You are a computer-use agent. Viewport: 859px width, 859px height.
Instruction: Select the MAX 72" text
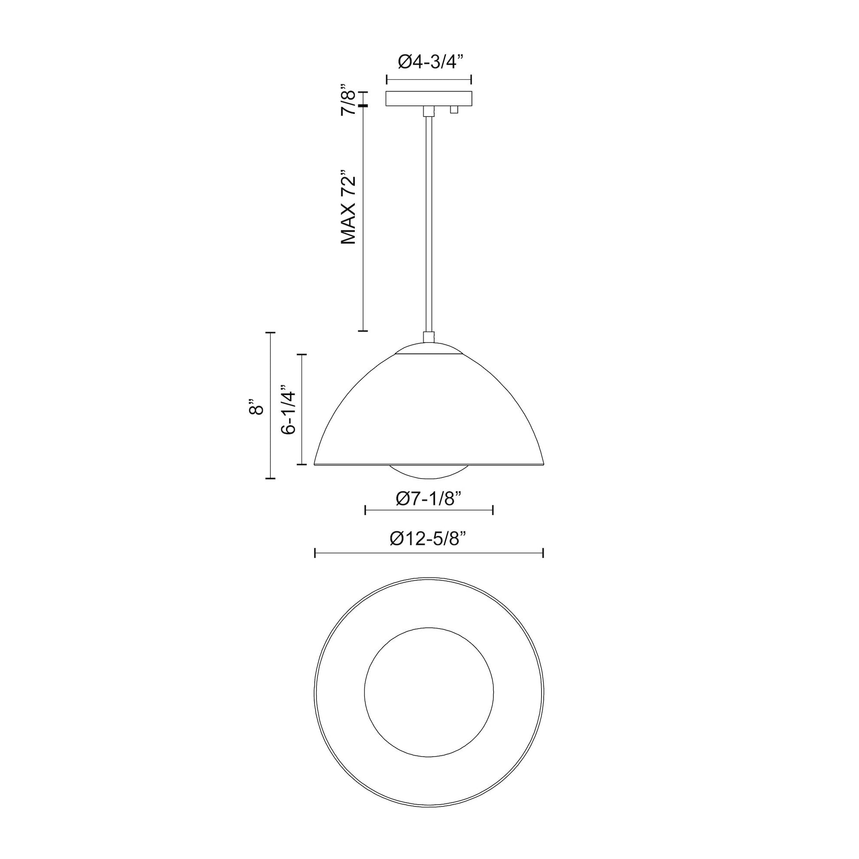[349, 207]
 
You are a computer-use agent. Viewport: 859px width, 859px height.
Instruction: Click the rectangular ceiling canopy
[429, 99]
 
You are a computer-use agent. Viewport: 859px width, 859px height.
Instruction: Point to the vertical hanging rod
[429, 222]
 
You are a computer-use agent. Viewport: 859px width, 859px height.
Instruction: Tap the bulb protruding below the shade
[429, 473]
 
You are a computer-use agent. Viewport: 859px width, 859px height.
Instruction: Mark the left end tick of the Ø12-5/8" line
[315, 553]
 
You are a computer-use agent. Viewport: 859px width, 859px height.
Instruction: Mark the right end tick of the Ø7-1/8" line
[493, 510]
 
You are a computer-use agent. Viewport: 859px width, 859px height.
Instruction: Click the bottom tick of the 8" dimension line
[270, 478]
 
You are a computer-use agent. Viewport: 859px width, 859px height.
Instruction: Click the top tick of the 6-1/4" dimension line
[302, 354]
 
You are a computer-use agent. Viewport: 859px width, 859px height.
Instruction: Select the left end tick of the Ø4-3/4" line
[387, 80]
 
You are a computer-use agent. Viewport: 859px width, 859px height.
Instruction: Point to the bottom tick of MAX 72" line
[363, 330]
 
